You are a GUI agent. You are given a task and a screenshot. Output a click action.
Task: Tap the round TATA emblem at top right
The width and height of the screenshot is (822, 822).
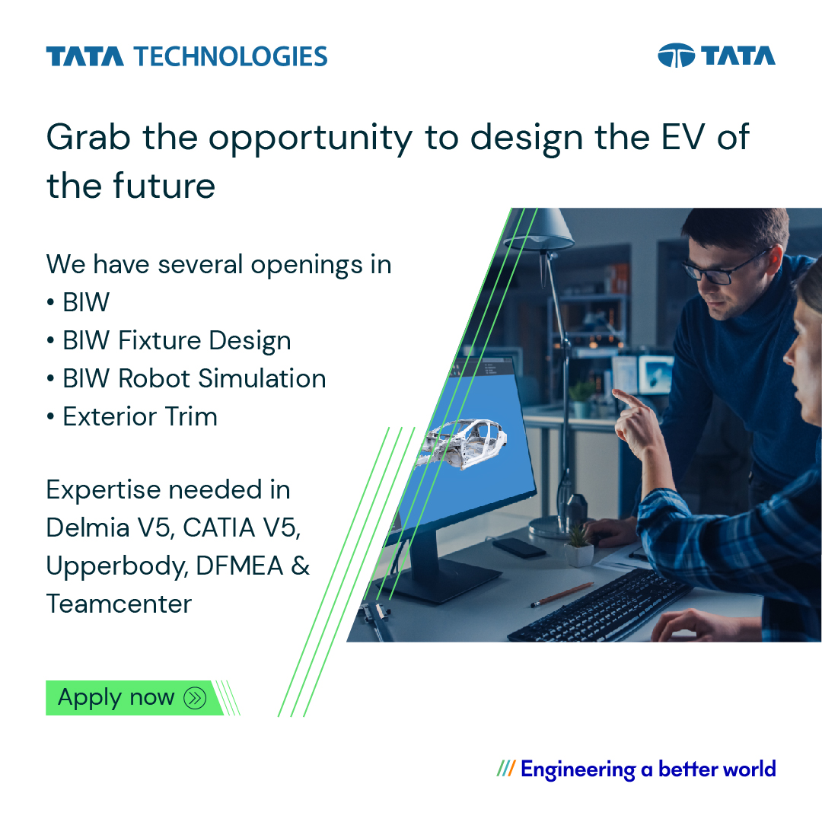tap(676, 56)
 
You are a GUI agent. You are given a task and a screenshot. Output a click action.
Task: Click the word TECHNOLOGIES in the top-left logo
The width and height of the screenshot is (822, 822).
tap(231, 56)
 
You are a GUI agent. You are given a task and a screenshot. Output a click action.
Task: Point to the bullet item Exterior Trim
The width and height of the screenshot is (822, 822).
tap(140, 416)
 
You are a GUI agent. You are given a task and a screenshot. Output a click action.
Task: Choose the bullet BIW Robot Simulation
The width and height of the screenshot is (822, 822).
tap(194, 378)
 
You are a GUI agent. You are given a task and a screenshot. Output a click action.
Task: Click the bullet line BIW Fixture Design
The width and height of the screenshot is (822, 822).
tap(177, 340)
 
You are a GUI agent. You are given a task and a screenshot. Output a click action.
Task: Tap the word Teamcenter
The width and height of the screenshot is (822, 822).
tap(119, 604)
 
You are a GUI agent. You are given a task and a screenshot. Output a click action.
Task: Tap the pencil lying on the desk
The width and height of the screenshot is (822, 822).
tap(562, 594)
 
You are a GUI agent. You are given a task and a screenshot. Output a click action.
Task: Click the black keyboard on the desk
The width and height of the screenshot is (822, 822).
tap(601, 606)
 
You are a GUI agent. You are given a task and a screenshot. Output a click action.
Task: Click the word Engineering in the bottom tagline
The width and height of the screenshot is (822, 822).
tap(578, 769)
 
